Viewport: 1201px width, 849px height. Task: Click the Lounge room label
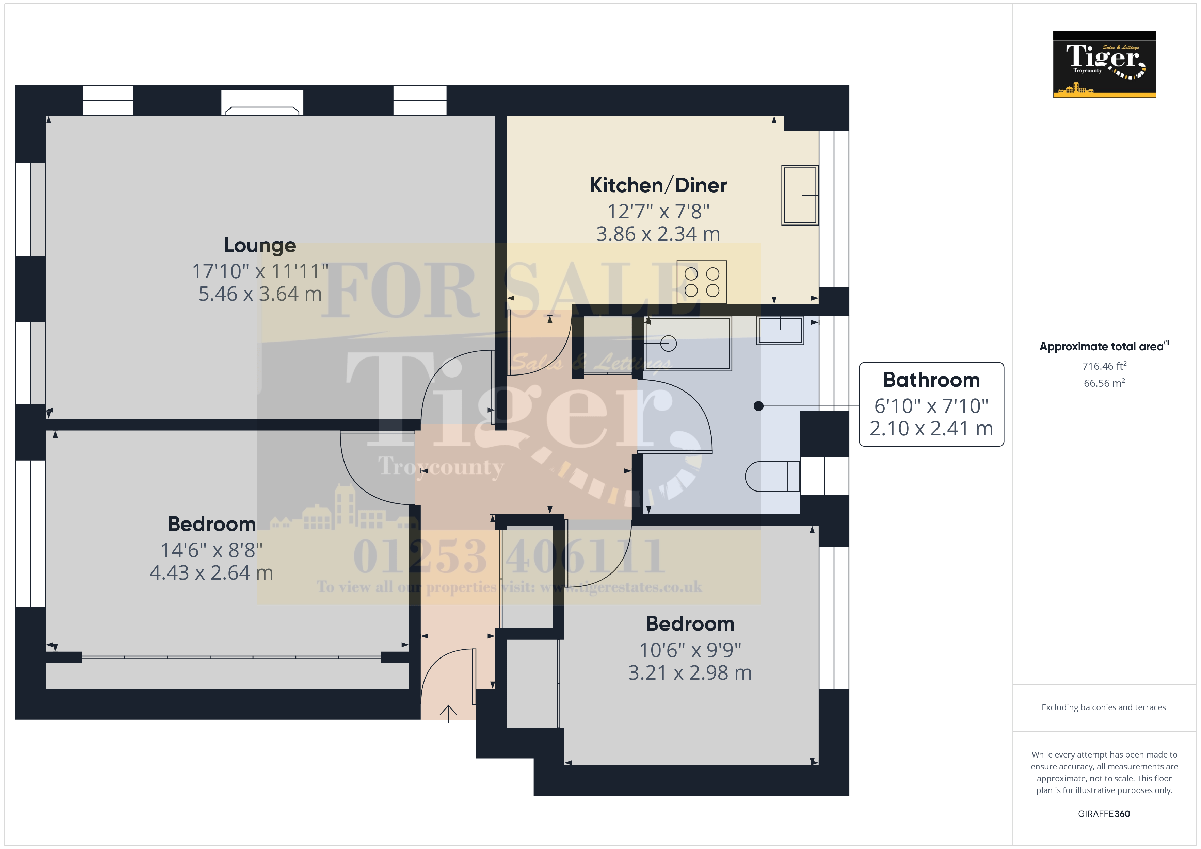260,245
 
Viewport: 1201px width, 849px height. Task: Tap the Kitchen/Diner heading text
658,185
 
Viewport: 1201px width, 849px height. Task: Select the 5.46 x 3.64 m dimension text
260,294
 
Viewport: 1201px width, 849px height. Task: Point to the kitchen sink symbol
799,195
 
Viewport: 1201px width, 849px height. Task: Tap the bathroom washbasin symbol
780,330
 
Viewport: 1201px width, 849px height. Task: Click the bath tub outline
687,344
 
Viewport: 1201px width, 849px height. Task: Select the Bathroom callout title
931,380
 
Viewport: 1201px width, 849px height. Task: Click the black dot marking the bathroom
758,406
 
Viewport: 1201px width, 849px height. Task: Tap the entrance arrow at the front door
448,714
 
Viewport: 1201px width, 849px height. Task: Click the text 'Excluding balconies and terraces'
1104,707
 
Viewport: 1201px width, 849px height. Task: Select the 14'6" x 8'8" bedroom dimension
211,550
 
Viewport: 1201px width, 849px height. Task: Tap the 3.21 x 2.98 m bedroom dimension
690,673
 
